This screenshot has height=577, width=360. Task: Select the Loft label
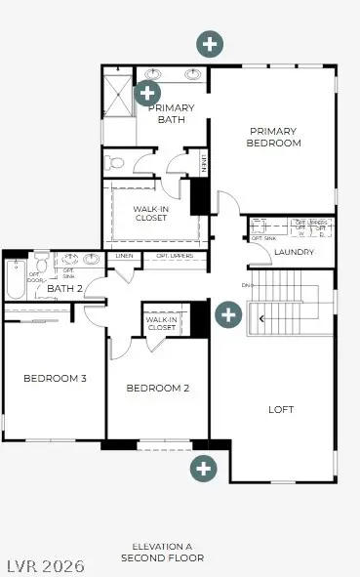coord(281,410)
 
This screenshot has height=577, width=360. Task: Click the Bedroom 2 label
coord(157,389)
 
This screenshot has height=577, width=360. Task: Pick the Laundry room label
coord(295,253)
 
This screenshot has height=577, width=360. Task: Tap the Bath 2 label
coord(64,288)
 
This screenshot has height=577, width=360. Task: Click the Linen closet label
coord(125,257)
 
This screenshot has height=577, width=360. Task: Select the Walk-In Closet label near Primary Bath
coord(150,213)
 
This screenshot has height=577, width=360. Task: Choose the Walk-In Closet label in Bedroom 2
coord(161,324)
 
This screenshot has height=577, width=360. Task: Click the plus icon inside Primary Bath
coord(147,93)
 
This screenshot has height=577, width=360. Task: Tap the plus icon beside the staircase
coord(228,315)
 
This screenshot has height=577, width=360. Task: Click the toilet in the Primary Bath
coord(113,162)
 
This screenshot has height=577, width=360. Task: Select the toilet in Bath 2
coord(42,265)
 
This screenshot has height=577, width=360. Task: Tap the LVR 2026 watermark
coord(43,565)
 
